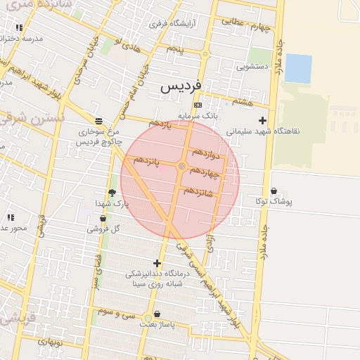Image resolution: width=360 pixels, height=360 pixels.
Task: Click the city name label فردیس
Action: click(x=181, y=86)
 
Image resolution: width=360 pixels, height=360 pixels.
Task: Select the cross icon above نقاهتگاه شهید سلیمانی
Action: click(x=262, y=120)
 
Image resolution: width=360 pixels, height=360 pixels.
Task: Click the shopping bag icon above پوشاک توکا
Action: click(x=274, y=191)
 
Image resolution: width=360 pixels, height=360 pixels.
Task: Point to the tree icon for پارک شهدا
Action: click(x=112, y=193)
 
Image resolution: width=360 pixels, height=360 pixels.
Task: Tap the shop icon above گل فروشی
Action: click(x=103, y=219)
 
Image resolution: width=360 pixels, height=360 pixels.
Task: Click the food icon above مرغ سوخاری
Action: click(x=98, y=121)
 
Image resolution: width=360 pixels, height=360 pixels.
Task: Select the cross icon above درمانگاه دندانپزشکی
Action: click(x=156, y=264)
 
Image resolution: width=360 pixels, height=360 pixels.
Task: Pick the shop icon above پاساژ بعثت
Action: click(x=156, y=314)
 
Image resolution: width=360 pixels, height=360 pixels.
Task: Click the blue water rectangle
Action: click(x=298, y=68)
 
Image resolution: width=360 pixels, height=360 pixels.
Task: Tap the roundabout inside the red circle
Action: click(x=182, y=166)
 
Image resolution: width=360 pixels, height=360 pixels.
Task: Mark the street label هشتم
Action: click(x=243, y=102)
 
